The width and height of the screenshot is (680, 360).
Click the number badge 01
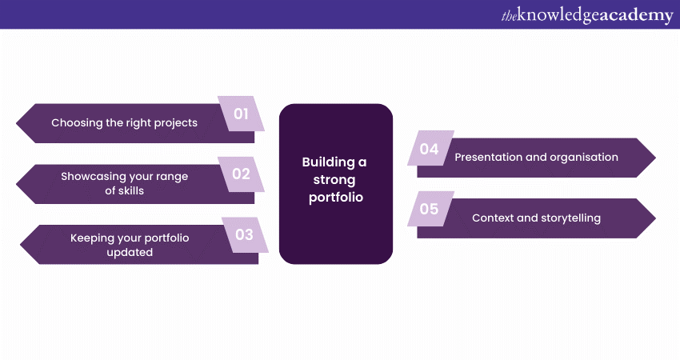[241, 114]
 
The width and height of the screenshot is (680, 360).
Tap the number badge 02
[241, 174]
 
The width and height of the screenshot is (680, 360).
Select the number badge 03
[244, 234]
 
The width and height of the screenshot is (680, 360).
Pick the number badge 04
[429, 149]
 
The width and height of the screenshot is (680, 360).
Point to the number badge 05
[429, 210]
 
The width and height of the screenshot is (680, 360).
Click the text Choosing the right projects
[124, 123]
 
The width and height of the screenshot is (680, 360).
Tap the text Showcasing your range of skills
[125, 183]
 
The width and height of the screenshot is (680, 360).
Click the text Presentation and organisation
[536, 158]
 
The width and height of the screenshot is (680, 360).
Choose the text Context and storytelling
[536, 218]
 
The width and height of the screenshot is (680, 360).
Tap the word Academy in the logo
[633, 15]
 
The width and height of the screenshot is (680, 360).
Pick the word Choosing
[77, 123]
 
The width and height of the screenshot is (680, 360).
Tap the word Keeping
[94, 238]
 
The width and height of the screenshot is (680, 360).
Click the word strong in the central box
[335, 180]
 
